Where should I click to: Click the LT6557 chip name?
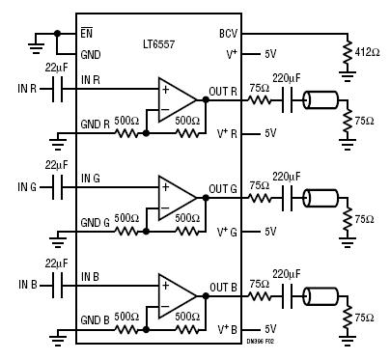pos(159,43)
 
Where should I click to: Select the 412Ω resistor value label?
pos(367,52)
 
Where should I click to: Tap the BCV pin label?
pos(228,33)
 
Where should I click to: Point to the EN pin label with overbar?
pos(86,33)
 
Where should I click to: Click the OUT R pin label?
pos(223,92)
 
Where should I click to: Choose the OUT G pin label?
pos(223,189)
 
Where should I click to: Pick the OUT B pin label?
pos(223,288)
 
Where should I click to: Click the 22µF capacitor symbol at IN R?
pos(58,89)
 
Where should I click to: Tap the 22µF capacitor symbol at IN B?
pos(58,286)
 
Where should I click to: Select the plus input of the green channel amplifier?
pos(165,187)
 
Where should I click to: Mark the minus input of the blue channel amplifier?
pos(165,306)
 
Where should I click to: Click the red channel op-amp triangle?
pos(177,99)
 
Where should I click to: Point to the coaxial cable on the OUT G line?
pos(320,198)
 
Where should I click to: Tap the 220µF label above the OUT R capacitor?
pos(286,78)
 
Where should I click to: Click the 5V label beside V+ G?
pos(270,232)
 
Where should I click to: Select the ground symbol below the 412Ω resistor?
pos(348,76)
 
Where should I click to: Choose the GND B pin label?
pos(95,320)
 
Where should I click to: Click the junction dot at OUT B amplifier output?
pos(206,296)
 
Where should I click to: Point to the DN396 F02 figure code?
pos(261,342)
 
